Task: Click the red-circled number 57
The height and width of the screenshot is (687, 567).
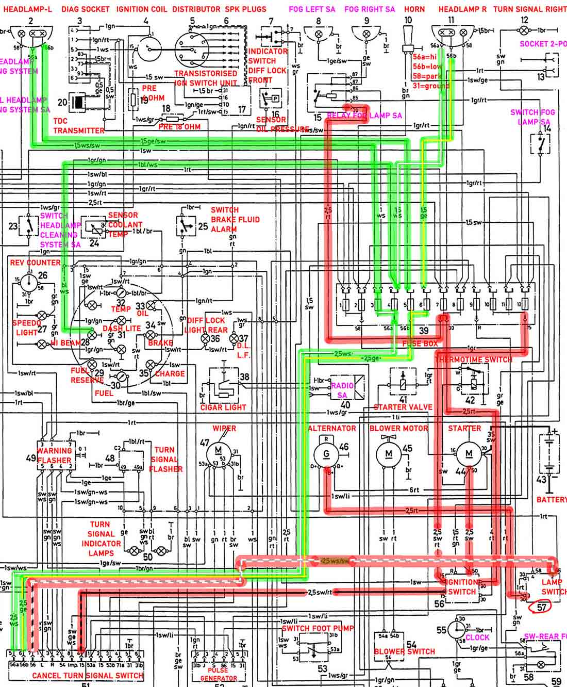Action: coord(541,607)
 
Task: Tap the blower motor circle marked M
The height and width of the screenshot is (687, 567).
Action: coord(389,454)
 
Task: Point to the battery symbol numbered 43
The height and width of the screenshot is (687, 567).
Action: coord(549,454)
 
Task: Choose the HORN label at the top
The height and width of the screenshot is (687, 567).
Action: coord(414,9)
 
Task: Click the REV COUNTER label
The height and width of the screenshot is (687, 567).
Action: coord(36,263)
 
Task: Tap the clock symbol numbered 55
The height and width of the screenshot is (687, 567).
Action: coord(456,630)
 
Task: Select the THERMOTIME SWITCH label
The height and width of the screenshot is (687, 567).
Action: coord(474,359)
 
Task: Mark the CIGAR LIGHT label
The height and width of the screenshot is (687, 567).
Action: coord(223,407)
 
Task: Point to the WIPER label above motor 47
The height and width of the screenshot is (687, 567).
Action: coord(224,429)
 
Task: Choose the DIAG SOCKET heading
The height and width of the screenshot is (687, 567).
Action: coord(86,9)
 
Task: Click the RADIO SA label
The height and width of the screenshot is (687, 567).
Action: coord(342,390)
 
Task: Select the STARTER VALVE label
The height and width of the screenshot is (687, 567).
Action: coord(403,407)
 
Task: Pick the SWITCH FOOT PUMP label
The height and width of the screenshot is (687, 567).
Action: coord(318,628)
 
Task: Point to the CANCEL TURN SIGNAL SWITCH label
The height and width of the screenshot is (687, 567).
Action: coord(88,675)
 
